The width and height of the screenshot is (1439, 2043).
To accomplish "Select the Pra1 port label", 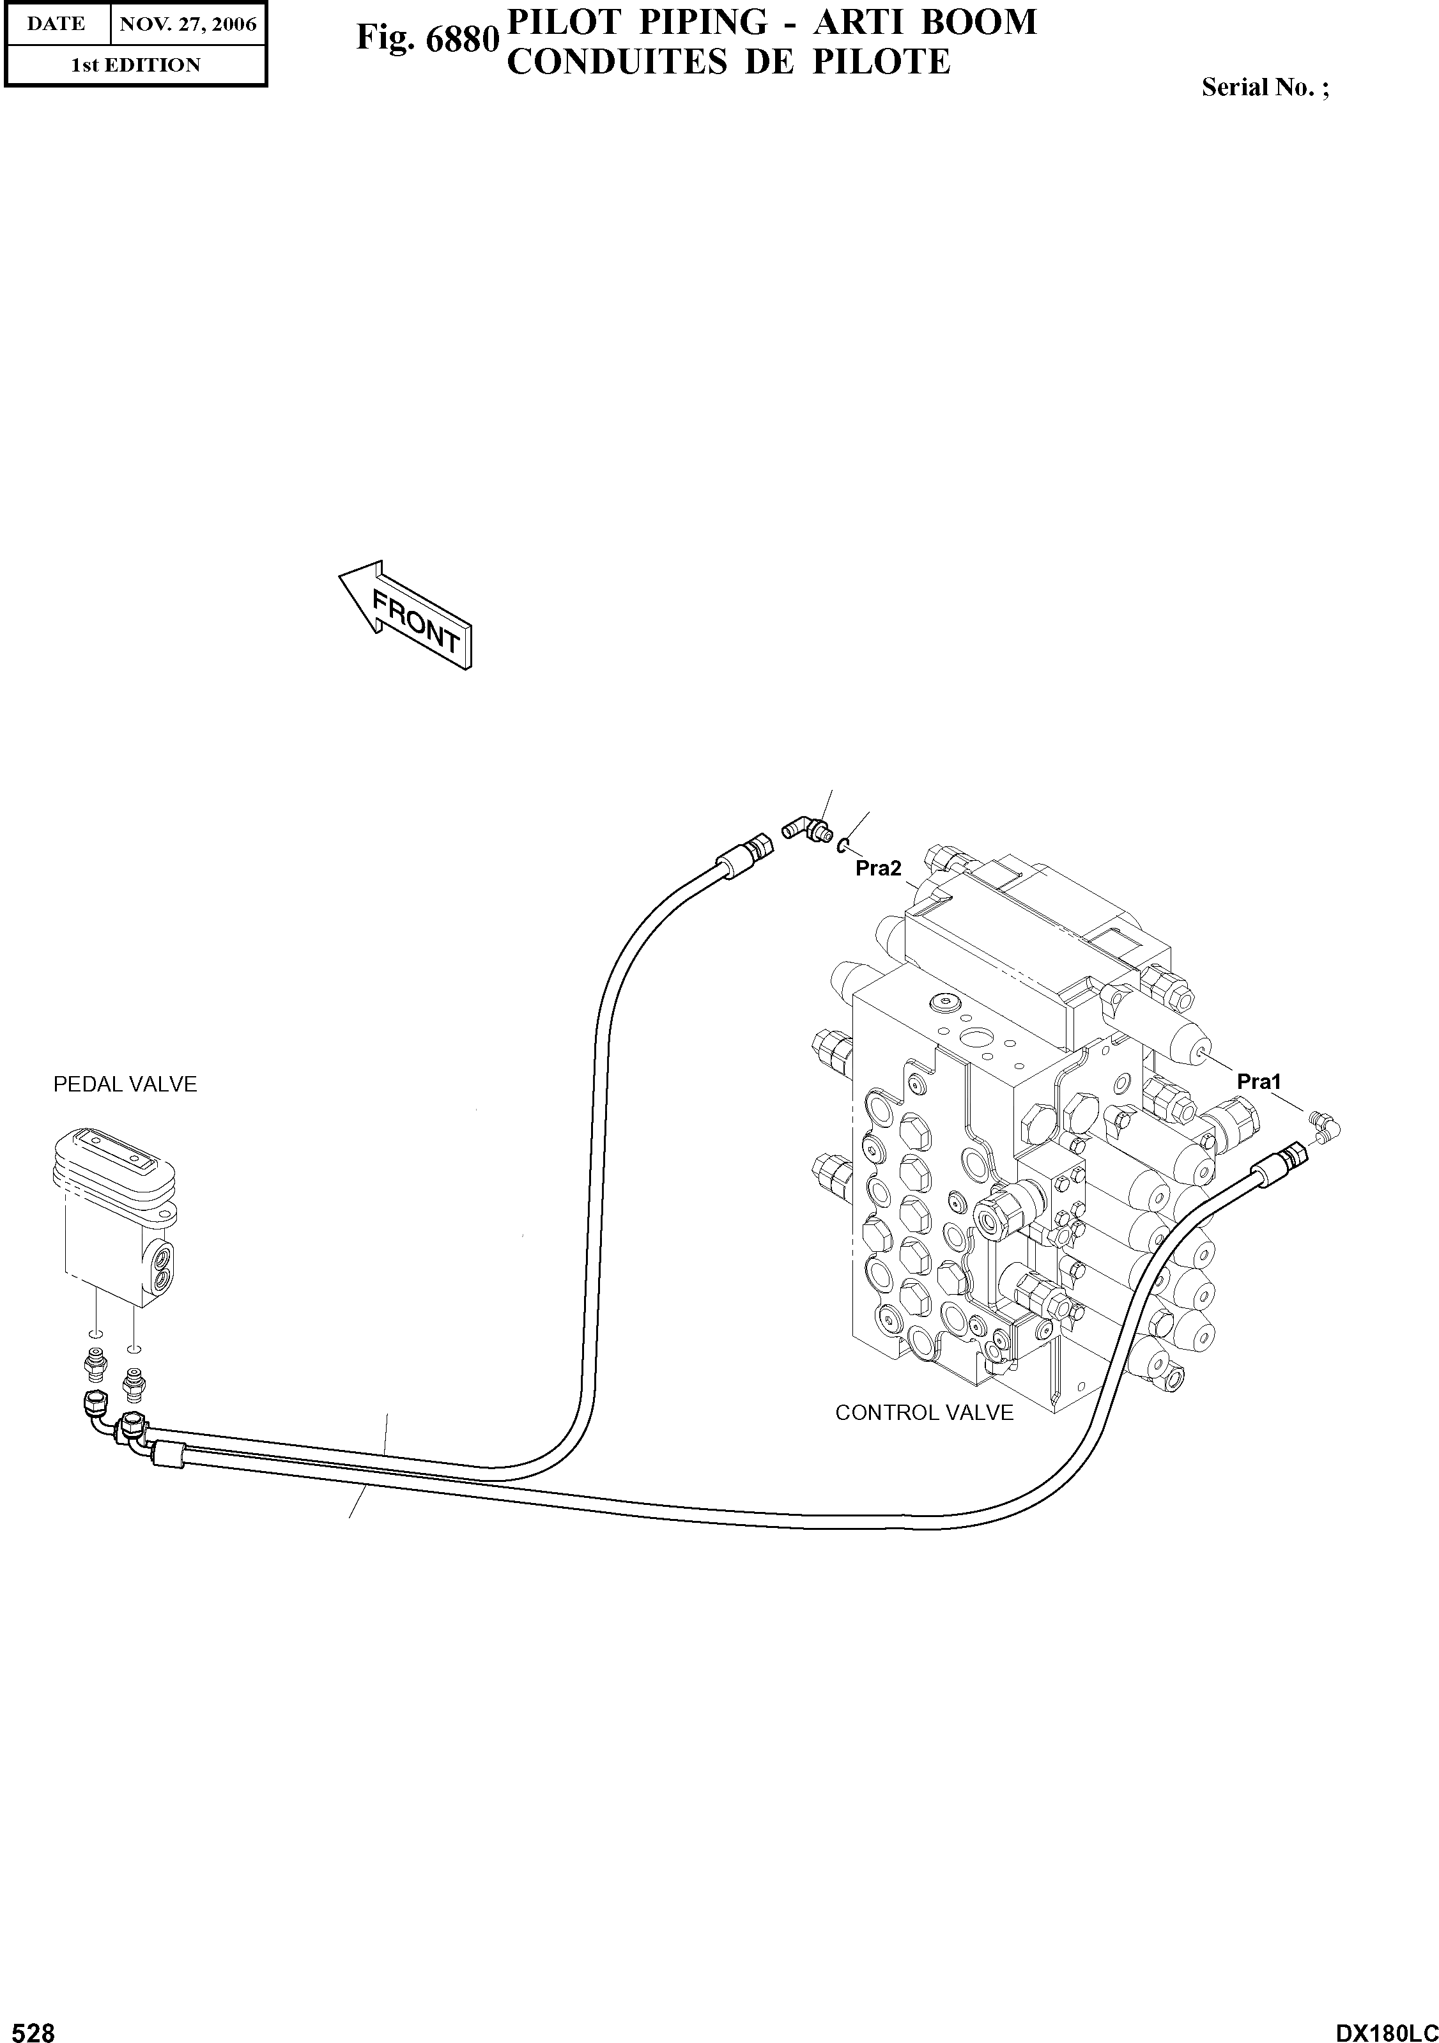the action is tap(1258, 1082).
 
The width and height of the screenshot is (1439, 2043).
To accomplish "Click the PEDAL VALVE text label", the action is tap(125, 1084).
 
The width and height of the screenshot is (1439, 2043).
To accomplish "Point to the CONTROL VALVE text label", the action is tap(924, 1413).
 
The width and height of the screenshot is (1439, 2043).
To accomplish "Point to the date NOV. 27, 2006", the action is tap(188, 24).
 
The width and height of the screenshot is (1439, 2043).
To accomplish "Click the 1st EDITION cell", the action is tap(135, 65).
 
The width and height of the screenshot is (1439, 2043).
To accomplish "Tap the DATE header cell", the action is tap(56, 24).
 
